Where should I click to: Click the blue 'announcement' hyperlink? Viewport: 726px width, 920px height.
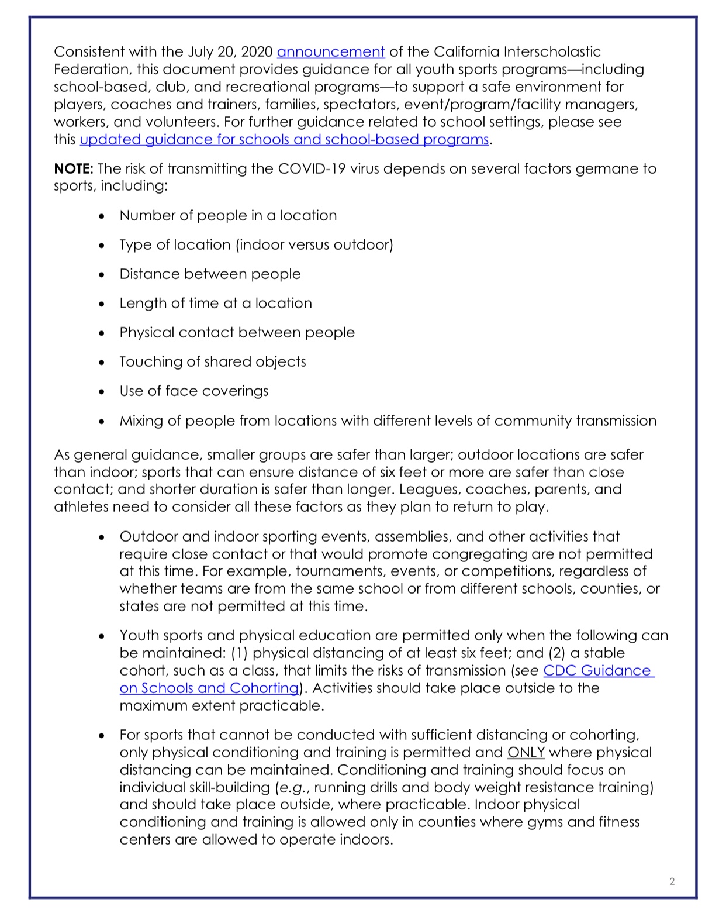(x=330, y=52)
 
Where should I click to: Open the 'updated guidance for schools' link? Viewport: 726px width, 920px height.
(x=284, y=140)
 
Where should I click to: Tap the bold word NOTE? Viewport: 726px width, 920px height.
(x=74, y=169)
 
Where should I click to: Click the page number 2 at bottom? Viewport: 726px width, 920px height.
(x=672, y=881)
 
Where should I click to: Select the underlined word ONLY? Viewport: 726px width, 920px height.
(x=526, y=753)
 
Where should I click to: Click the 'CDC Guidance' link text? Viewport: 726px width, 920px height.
(x=597, y=671)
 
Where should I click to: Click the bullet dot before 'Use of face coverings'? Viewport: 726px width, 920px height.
(x=102, y=392)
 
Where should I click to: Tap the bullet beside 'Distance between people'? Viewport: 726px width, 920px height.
(x=102, y=275)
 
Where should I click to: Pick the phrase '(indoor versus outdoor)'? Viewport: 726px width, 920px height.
(x=314, y=245)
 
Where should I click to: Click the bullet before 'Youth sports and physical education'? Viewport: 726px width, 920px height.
(x=102, y=636)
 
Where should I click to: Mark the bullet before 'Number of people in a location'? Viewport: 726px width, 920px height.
(x=102, y=216)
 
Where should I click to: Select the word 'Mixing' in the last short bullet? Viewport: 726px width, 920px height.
(x=141, y=421)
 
